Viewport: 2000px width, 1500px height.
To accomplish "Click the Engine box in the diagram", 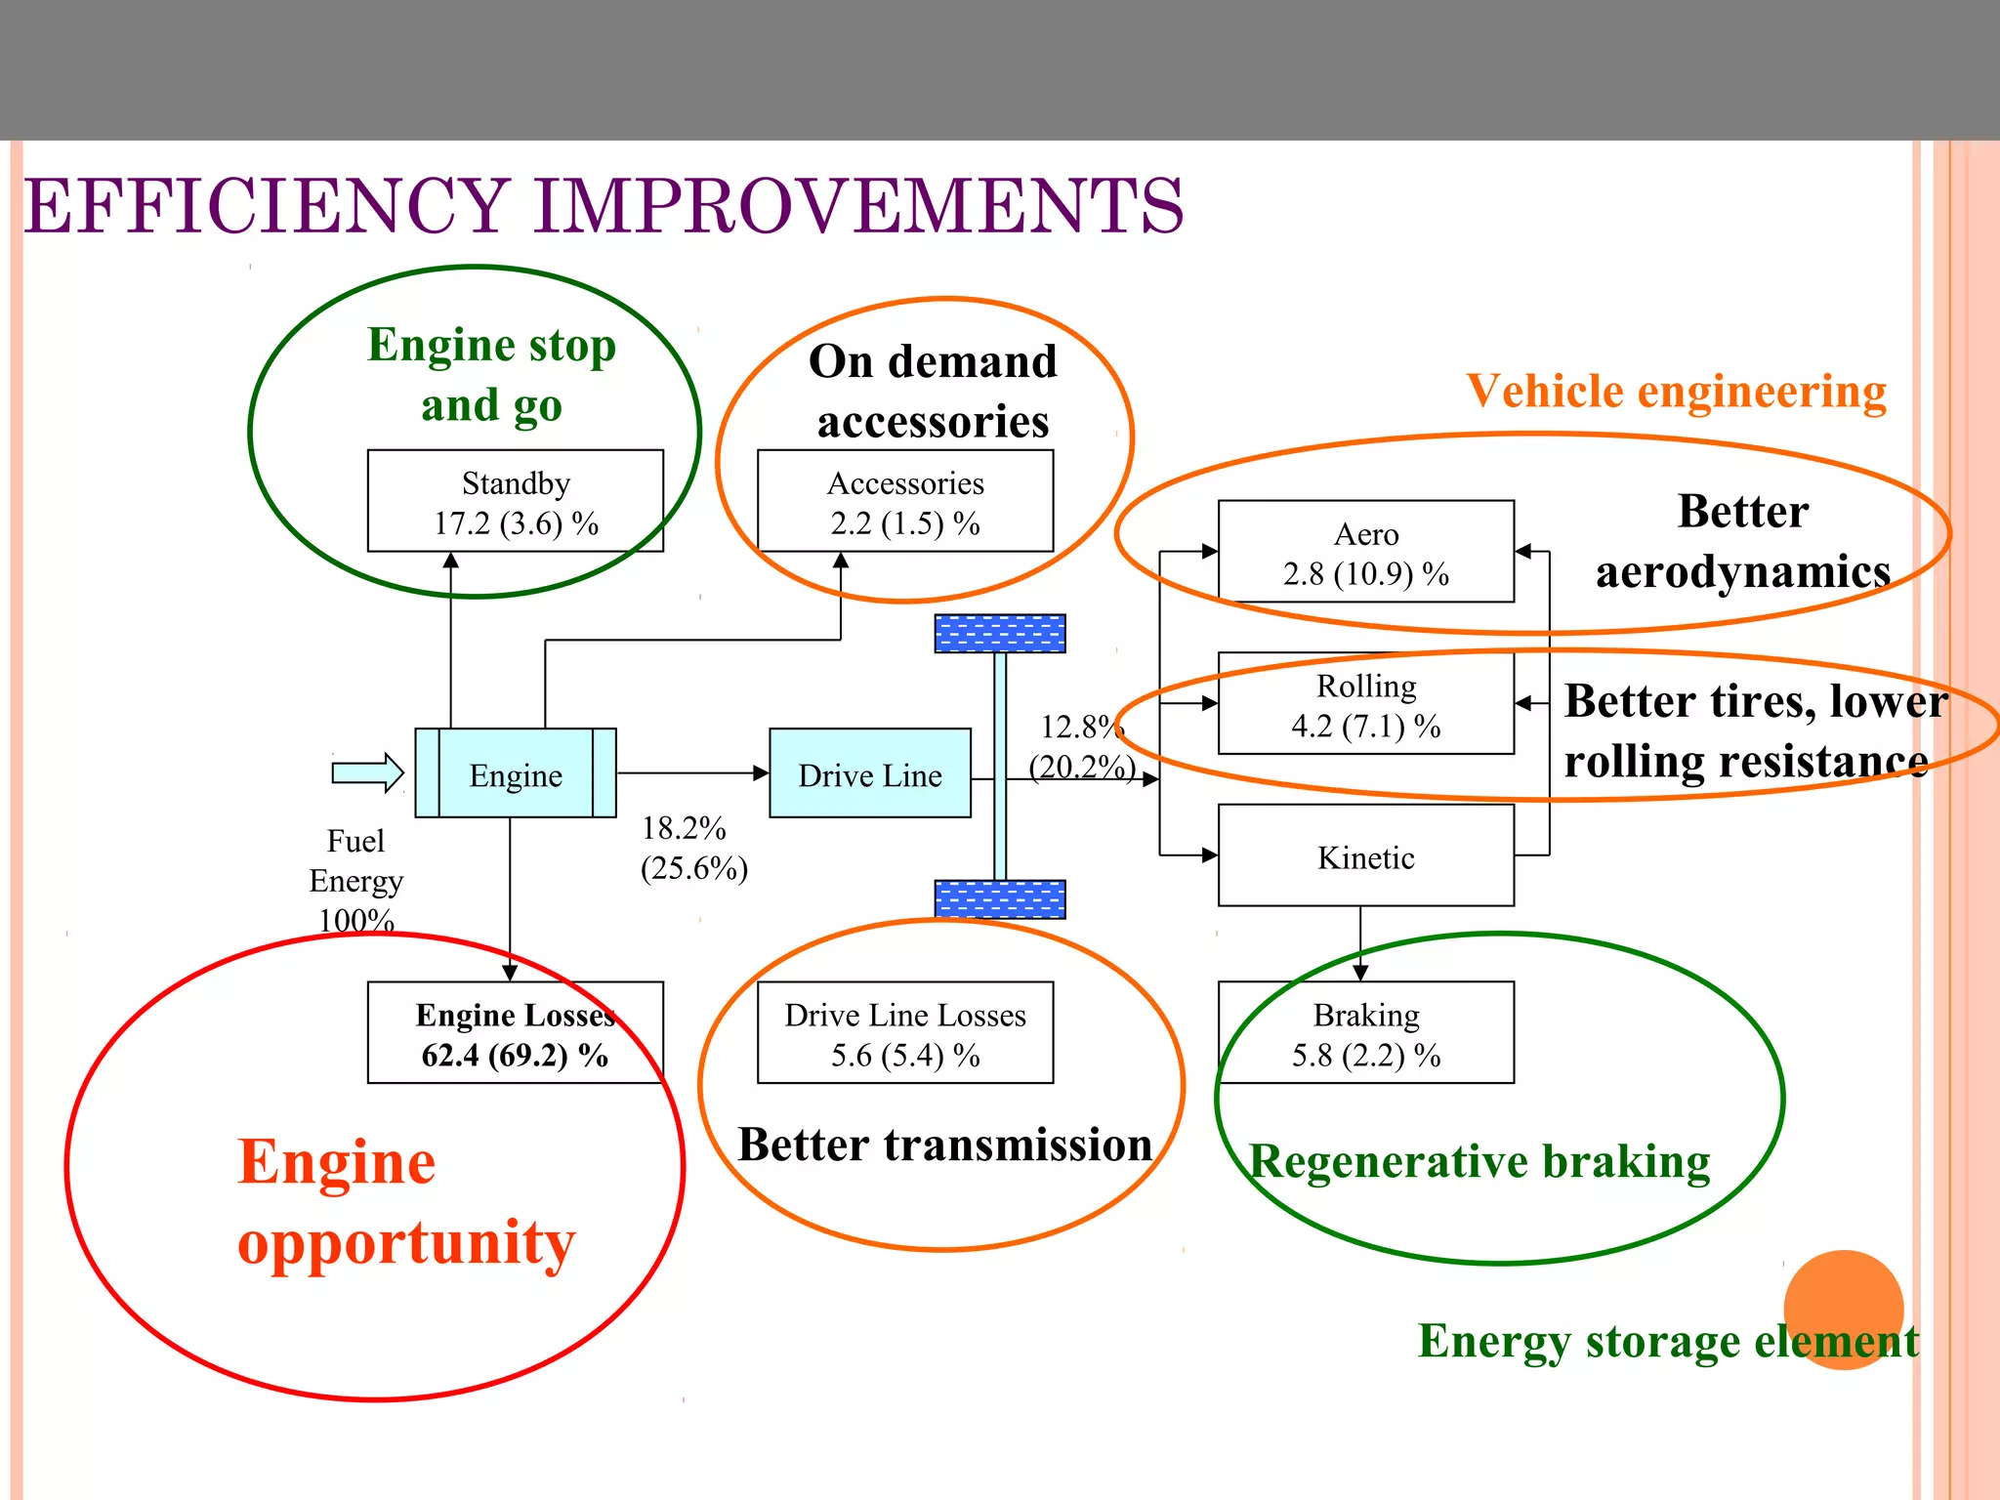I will tap(515, 773).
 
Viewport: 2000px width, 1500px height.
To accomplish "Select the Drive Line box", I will tap(869, 773).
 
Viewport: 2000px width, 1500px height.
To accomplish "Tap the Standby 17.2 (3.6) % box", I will tap(515, 502).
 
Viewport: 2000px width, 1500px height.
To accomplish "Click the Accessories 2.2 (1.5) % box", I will tap(904, 502).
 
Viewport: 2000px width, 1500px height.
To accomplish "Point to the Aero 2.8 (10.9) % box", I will tap(1365, 553).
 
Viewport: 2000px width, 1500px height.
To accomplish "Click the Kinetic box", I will tap(1365, 856).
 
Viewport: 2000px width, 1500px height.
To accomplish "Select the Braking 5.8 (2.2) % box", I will tap(1365, 1033).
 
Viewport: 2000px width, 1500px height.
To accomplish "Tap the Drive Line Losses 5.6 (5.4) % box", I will tap(904, 1033).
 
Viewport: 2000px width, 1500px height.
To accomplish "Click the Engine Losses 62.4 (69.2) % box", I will tap(515, 1033).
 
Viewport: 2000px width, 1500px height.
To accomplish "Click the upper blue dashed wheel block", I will tap(999, 634).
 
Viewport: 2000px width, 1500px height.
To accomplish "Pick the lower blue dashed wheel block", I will tap(999, 899).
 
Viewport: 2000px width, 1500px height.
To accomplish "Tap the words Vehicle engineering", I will tap(1676, 392).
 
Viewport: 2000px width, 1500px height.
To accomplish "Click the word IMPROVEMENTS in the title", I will tap(859, 206).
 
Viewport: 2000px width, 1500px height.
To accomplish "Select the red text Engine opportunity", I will tap(405, 1202).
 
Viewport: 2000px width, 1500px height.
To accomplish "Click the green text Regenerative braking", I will tap(1479, 1162).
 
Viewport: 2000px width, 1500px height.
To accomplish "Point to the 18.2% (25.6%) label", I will tap(692, 848).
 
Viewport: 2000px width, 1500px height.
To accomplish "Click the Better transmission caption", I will tap(943, 1145).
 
